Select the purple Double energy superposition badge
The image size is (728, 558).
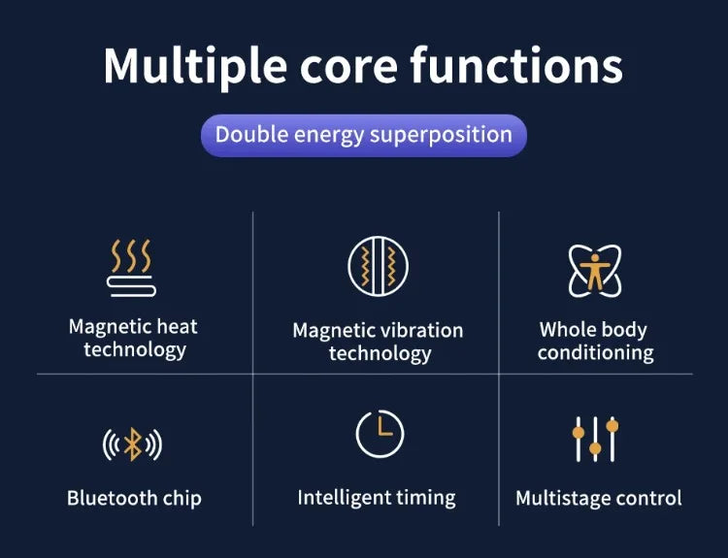(x=364, y=135)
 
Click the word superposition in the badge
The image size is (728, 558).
(x=441, y=136)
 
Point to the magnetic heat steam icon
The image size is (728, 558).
(x=131, y=268)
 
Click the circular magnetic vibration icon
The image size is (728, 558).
(x=378, y=266)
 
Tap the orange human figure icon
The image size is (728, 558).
(x=595, y=272)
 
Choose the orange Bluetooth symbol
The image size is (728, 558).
(x=133, y=444)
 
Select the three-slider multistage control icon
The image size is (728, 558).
(x=595, y=439)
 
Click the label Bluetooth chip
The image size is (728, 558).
(x=134, y=498)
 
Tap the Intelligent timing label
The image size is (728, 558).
(x=377, y=498)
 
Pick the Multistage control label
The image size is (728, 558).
(x=599, y=498)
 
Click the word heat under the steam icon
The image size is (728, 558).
(x=177, y=327)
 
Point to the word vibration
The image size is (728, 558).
(x=421, y=331)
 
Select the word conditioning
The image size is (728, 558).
(x=596, y=353)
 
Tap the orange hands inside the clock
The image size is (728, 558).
(x=383, y=427)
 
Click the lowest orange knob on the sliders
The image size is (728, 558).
(x=595, y=448)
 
